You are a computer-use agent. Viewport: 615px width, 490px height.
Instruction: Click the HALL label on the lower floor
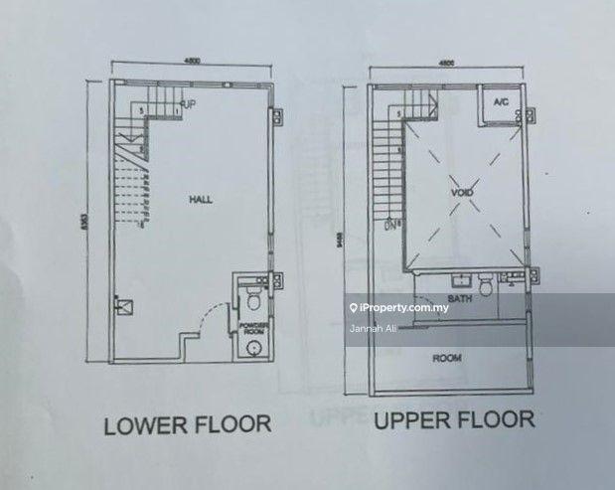click(201, 200)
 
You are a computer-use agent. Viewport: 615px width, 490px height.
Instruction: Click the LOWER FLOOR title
click(188, 424)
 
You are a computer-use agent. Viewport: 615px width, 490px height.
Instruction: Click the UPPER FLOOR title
click(454, 420)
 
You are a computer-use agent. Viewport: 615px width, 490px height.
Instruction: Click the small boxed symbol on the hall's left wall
click(122, 306)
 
